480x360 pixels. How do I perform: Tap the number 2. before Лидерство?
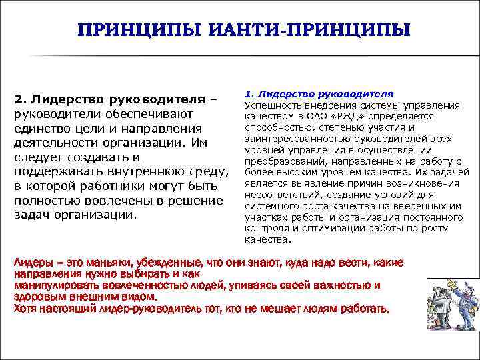(20, 100)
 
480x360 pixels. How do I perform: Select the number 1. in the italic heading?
(249, 95)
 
